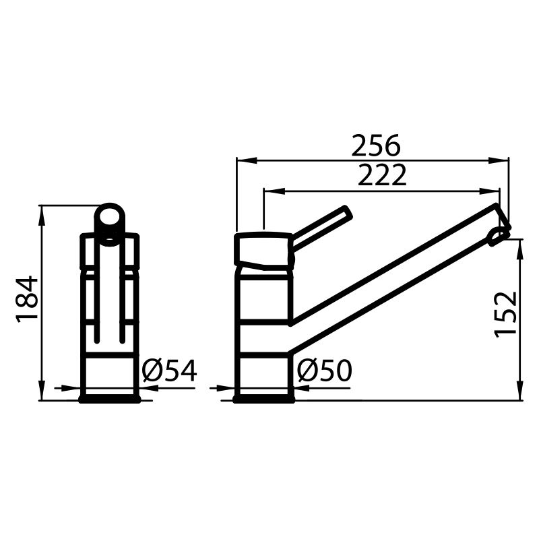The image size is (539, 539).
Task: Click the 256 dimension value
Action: [x=375, y=146]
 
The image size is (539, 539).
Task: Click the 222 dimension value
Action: [x=382, y=176]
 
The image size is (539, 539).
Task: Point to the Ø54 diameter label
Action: [x=170, y=371]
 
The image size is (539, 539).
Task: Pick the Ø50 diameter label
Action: [x=325, y=371]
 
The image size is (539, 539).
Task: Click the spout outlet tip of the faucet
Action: [x=499, y=233]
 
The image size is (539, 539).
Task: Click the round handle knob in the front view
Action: [x=109, y=219]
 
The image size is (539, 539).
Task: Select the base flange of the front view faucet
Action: [x=110, y=399]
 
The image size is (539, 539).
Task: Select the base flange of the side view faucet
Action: [x=263, y=399]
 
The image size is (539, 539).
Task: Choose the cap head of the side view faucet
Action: [x=263, y=249]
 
